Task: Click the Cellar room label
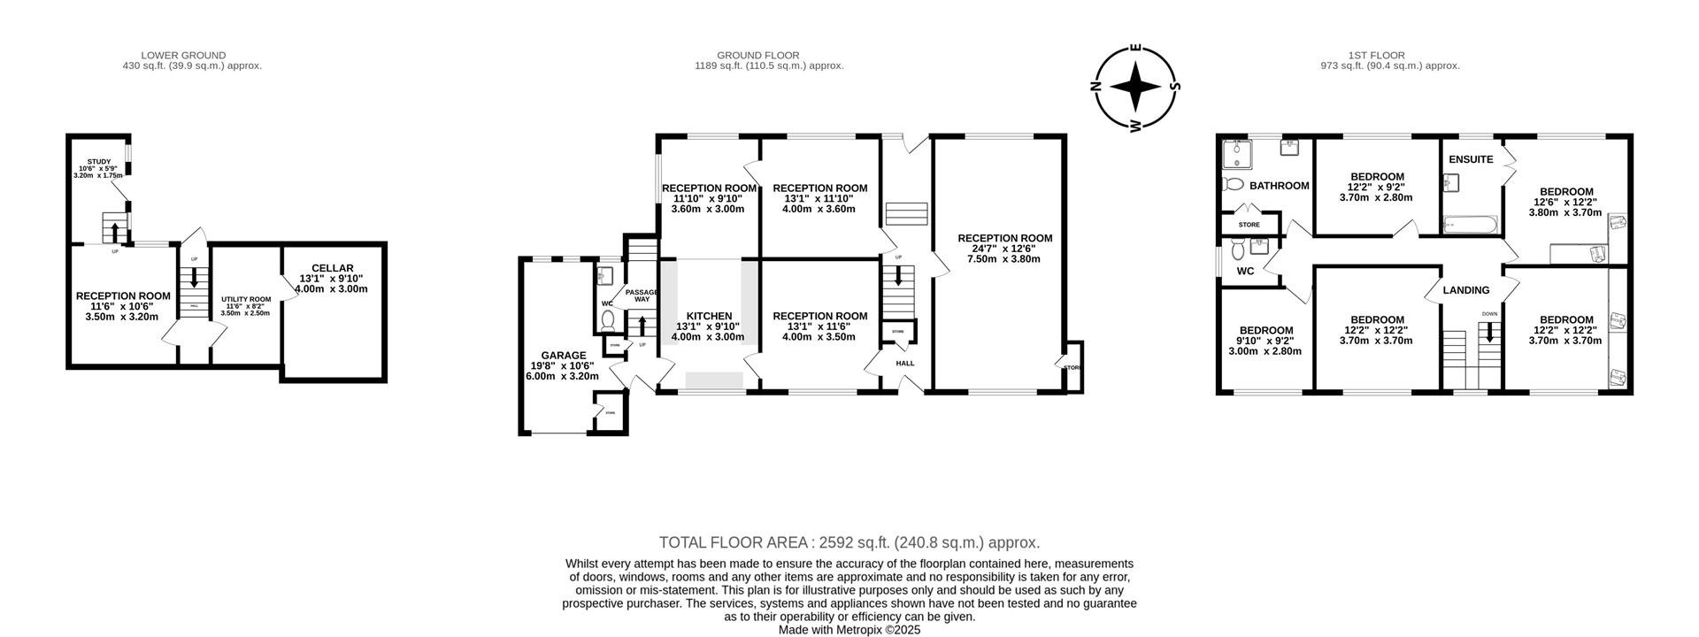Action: [332, 268]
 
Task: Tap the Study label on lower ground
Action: [98, 161]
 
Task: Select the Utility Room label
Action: [246, 300]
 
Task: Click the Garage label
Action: [563, 356]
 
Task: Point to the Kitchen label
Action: [709, 316]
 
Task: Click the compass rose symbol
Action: [1135, 87]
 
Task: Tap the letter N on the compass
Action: [1096, 87]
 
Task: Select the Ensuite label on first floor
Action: [1471, 160]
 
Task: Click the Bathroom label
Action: [1279, 186]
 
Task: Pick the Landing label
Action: [1465, 290]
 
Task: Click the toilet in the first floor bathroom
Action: [1231, 185]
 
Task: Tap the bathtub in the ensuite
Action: [1469, 227]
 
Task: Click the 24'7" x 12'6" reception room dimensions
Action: [1004, 249]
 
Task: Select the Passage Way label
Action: [642, 295]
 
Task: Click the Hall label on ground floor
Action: [904, 364]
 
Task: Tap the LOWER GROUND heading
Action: [183, 55]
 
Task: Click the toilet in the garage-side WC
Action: [611, 325]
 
